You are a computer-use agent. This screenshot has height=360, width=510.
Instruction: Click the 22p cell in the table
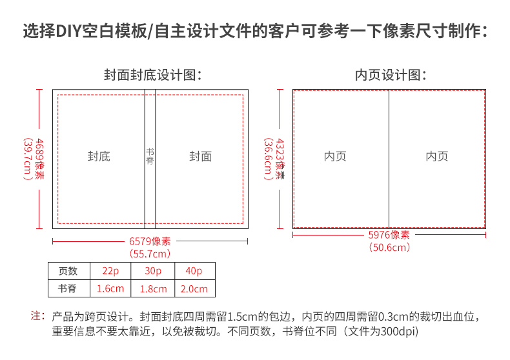pyautogui.click(x=110, y=271)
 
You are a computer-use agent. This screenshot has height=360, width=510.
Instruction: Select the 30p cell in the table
pyautogui.click(x=153, y=271)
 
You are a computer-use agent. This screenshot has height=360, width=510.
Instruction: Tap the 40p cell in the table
pyautogui.click(x=194, y=271)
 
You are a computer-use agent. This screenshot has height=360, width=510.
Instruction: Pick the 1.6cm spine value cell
pyautogui.click(x=110, y=288)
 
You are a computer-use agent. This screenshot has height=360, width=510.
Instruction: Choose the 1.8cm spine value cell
pyautogui.click(x=153, y=288)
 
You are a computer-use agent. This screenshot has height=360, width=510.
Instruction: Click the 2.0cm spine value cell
pyautogui.click(x=194, y=288)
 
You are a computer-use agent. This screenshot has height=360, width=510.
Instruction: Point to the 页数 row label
pyautogui.click(x=68, y=271)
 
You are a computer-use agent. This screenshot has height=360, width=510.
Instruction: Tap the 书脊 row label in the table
pyautogui.click(x=67, y=288)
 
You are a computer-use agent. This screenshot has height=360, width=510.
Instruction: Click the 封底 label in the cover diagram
pyautogui.click(x=99, y=157)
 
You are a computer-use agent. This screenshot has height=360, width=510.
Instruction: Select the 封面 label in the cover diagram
pyautogui.click(x=201, y=157)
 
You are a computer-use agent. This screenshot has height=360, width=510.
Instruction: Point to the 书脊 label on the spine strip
pyautogui.click(x=150, y=156)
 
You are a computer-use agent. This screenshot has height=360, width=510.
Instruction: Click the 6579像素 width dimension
pyautogui.click(x=150, y=241)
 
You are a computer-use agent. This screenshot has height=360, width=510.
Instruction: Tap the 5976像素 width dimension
pyautogui.click(x=389, y=235)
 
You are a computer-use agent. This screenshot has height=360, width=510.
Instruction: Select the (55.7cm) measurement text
pyautogui.click(x=150, y=254)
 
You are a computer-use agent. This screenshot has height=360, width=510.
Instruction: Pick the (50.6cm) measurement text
pyautogui.click(x=389, y=248)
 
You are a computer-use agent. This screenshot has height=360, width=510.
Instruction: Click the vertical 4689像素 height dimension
pyautogui.click(x=39, y=159)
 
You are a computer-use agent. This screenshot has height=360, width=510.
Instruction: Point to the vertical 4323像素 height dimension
pyautogui.click(x=280, y=159)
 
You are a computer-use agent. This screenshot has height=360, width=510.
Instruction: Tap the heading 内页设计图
pyautogui.click(x=391, y=75)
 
